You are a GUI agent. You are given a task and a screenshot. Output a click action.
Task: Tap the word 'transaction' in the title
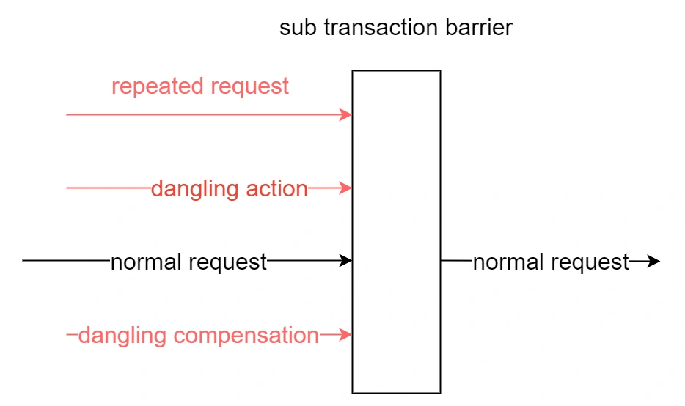pyautogui.click(x=381, y=28)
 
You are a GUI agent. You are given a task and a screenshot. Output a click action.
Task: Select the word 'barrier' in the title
pyautogui.click(x=479, y=28)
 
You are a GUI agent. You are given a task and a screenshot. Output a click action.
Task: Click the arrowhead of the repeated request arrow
pyautogui.click(x=346, y=115)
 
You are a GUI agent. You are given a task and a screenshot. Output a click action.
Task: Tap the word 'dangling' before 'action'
pyautogui.click(x=195, y=190)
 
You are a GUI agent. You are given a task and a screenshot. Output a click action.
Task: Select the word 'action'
pyautogui.click(x=277, y=190)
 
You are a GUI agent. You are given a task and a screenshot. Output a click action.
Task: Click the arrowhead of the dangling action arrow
pyautogui.click(x=346, y=188)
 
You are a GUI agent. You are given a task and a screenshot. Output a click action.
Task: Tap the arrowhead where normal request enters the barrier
pyautogui.click(x=346, y=261)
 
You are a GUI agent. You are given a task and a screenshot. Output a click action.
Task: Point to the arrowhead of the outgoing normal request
pyautogui.click(x=654, y=261)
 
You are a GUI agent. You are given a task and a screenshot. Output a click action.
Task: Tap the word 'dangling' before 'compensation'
pyautogui.click(x=122, y=336)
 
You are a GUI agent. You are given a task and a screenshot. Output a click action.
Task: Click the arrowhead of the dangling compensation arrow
pyautogui.click(x=346, y=335)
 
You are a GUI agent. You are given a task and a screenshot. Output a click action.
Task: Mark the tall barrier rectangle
pyautogui.click(x=353, y=232)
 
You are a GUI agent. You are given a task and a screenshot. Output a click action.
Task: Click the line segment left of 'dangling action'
pyautogui.click(x=109, y=188)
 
